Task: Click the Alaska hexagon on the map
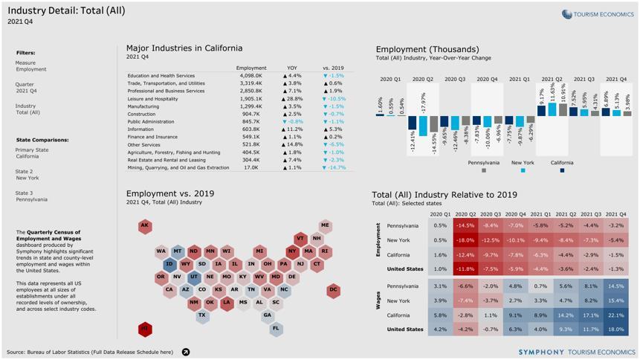(x=145, y=226)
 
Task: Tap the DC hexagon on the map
(x=333, y=289)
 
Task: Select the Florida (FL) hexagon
(x=276, y=328)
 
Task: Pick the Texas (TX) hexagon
(x=201, y=315)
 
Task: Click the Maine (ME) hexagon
(x=325, y=225)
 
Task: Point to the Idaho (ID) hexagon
(x=169, y=264)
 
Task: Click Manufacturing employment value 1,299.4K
(x=251, y=106)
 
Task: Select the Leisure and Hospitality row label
(x=152, y=99)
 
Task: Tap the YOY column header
(x=292, y=68)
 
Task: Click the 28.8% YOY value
(x=292, y=99)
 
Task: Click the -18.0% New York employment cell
(x=465, y=240)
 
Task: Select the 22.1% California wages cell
(x=615, y=315)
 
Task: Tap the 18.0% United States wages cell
(x=615, y=329)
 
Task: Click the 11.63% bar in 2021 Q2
(x=552, y=109)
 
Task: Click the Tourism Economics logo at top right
(x=598, y=14)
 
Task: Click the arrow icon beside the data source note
(x=186, y=352)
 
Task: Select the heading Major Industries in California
(x=184, y=48)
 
